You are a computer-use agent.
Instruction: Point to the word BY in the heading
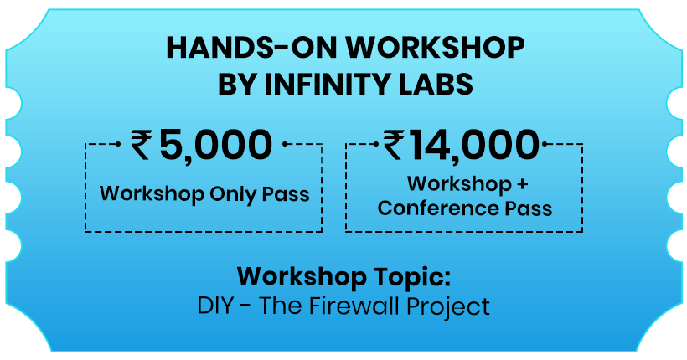pos(237,84)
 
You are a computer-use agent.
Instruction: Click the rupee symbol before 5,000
pos(142,146)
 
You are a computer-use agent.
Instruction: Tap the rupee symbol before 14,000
pos(394,146)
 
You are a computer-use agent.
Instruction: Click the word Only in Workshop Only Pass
pos(234,194)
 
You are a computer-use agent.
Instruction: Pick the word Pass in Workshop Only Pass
pos(286,194)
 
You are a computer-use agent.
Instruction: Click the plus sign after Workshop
pos(522,184)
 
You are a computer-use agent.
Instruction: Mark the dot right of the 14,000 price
pos(545,144)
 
